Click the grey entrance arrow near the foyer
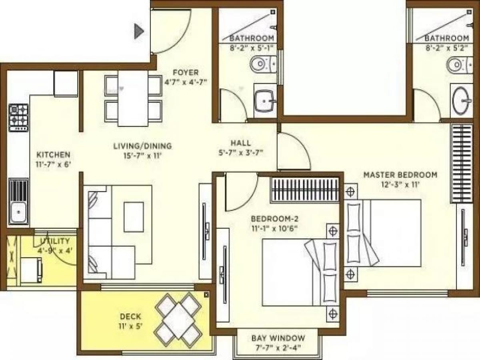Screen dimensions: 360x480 138,31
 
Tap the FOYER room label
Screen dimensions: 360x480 186,72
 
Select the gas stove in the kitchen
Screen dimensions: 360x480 19,117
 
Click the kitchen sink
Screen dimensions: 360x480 18,212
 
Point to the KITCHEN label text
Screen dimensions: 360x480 54,154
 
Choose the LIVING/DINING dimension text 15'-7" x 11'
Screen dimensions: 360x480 142,156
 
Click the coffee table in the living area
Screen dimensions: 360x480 134,216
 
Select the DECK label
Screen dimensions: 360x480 130,317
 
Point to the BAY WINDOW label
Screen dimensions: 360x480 278,338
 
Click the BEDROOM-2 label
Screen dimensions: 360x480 275,219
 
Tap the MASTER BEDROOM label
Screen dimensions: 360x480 400,175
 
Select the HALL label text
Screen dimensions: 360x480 241,143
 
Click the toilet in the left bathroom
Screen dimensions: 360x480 262,64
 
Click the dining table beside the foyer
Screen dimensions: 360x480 133,98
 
